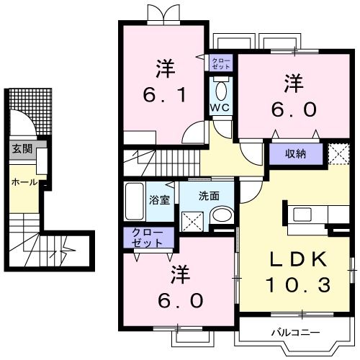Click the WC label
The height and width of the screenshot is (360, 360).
[x=219, y=108]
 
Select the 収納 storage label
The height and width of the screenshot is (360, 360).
[x=293, y=153]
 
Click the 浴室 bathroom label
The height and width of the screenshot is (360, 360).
[x=160, y=199]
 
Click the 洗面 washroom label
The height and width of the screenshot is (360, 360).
[x=210, y=194]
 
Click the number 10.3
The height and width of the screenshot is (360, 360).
[x=300, y=286]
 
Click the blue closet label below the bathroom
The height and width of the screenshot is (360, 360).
[x=148, y=238]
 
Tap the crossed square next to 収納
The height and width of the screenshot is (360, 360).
[x=336, y=153]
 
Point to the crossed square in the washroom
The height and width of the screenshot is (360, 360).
[x=192, y=220]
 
